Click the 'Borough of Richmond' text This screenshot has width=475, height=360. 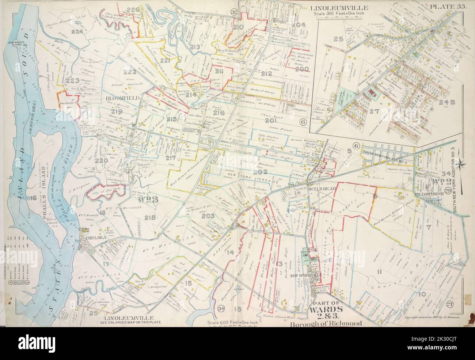click(x=326, y=324)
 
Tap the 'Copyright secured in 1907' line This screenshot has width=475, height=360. click(x=433, y=317)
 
